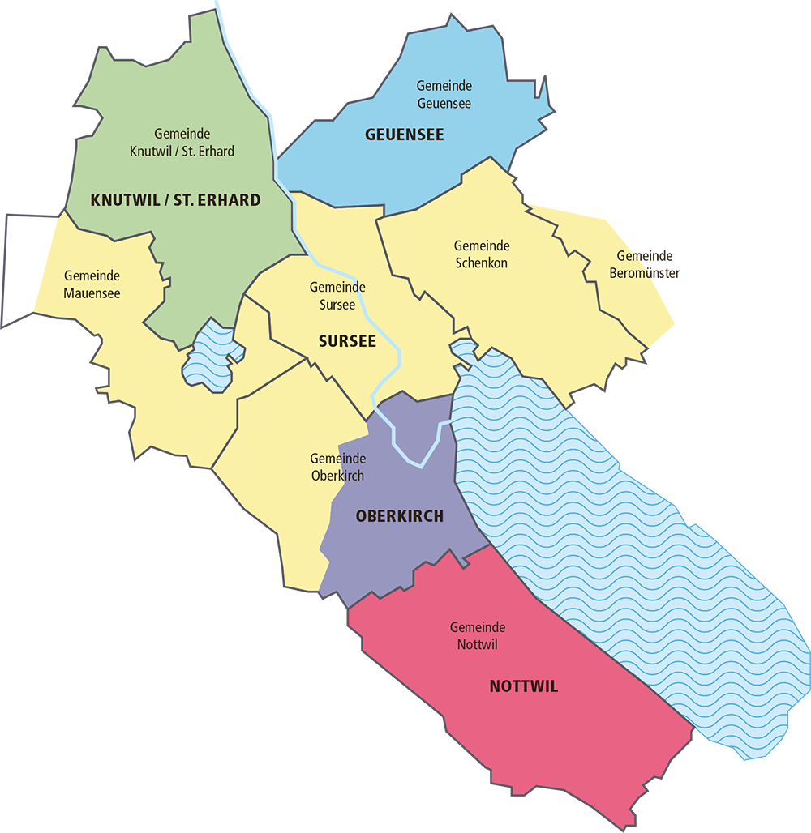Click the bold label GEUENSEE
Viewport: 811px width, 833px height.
[405, 135]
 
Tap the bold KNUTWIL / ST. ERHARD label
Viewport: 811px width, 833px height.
[176, 200]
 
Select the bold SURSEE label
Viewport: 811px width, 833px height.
[347, 341]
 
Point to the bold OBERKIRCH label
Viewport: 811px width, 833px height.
[399, 516]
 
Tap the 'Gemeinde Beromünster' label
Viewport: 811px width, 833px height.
[645, 265]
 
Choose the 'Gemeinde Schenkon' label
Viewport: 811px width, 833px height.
[481, 254]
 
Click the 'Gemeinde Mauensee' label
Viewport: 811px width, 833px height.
[92, 284]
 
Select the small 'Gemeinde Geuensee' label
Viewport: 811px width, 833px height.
[444, 95]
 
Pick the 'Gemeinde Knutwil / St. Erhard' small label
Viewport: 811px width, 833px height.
[182, 143]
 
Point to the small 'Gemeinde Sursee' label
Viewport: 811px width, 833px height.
[337, 296]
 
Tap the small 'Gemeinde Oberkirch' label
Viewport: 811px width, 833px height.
[337, 467]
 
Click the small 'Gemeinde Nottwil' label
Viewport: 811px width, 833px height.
[478, 636]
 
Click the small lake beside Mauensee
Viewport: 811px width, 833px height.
[212, 357]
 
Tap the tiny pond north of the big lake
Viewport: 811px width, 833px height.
[463, 351]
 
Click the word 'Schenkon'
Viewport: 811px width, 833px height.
[481, 263]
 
